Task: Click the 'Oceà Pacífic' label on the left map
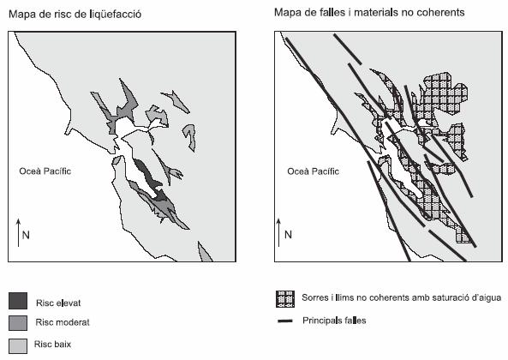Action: point(45,171)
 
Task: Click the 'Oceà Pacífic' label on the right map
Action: point(313,171)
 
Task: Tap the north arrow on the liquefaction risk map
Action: point(19,232)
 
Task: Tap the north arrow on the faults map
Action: point(279,232)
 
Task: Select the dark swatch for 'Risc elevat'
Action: point(18,301)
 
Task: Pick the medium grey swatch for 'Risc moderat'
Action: point(18,323)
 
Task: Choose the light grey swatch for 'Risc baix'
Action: point(18,346)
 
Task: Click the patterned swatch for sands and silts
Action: point(285,299)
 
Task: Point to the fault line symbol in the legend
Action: point(285,321)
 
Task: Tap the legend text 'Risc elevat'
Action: point(58,303)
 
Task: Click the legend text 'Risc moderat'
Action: point(63,322)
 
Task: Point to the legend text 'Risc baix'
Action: point(53,344)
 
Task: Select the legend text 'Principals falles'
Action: point(334,321)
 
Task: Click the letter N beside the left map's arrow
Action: point(26,235)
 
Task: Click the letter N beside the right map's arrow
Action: point(288,235)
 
